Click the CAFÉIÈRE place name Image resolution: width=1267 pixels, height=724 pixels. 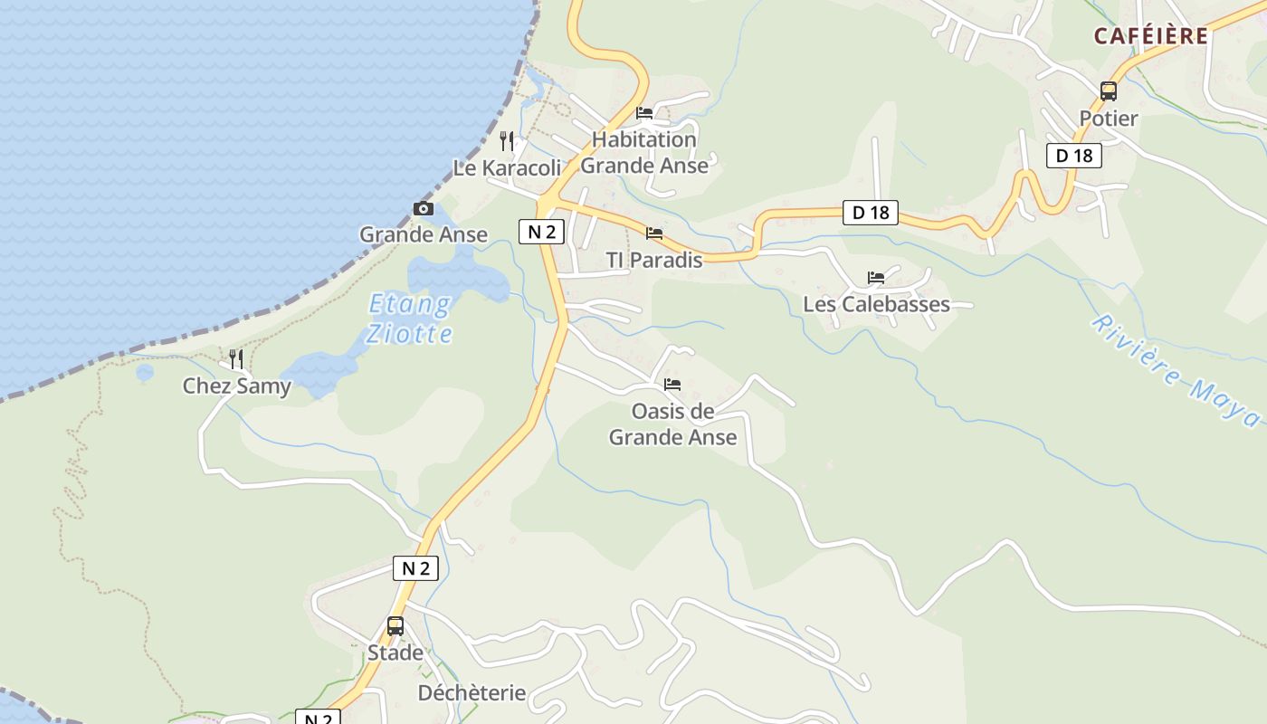[x=1150, y=35]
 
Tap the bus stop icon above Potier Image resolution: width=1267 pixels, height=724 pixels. [x=1108, y=91]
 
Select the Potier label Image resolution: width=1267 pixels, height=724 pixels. [x=1108, y=119]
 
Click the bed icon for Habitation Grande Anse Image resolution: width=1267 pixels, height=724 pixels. [x=644, y=113]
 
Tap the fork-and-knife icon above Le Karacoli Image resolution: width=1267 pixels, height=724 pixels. [x=507, y=141]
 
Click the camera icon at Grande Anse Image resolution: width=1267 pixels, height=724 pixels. [x=423, y=209]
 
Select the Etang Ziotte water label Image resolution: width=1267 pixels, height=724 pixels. [x=410, y=319]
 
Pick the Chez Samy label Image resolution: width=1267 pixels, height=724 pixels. [x=237, y=386]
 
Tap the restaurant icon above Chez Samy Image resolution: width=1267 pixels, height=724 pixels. [x=236, y=359]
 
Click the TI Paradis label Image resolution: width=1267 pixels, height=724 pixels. [x=653, y=261]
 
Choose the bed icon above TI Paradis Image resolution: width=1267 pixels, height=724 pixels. [x=653, y=233]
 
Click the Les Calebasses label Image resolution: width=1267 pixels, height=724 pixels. [x=876, y=304]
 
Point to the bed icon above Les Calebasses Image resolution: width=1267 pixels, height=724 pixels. [x=875, y=278]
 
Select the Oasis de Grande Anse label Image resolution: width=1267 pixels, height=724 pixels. [x=672, y=424]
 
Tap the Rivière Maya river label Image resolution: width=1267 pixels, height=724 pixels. [x=1176, y=371]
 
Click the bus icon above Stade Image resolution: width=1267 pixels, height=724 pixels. [x=395, y=626]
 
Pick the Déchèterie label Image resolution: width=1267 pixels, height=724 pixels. [x=472, y=693]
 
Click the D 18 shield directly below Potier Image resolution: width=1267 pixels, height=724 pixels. [x=1074, y=156]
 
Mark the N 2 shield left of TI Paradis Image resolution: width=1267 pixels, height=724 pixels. [x=541, y=232]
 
